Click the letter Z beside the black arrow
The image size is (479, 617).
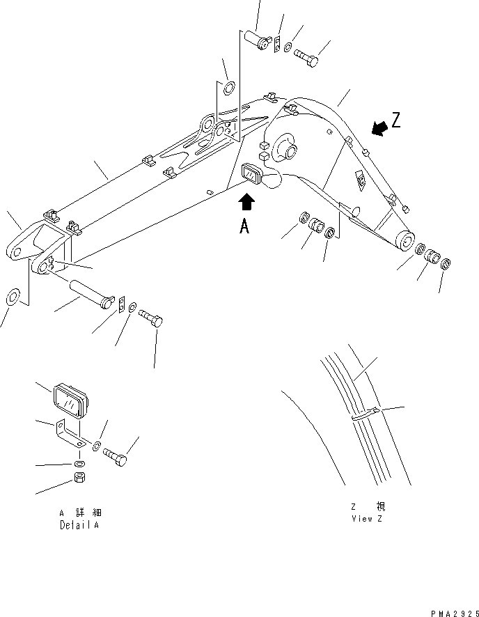click(x=395, y=120)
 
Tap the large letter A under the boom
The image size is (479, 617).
click(x=244, y=226)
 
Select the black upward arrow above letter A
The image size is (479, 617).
click(x=246, y=203)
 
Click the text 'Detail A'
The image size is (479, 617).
click(x=79, y=525)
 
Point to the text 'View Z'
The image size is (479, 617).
click(x=367, y=519)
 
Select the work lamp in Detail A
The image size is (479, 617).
click(x=68, y=400)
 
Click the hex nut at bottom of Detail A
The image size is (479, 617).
click(x=79, y=480)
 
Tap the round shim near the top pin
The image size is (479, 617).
click(x=227, y=88)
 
